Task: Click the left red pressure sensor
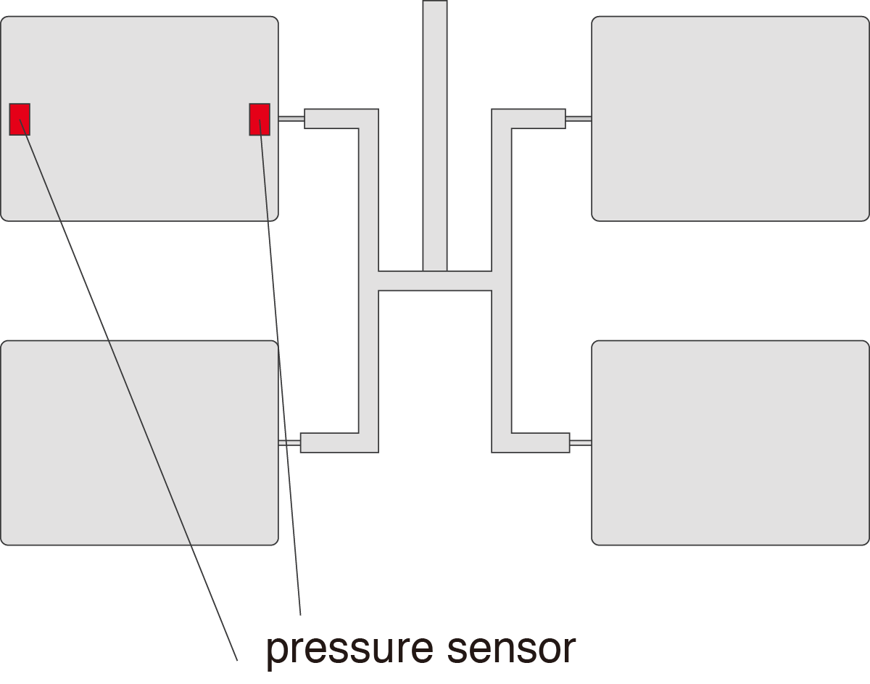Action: (20, 119)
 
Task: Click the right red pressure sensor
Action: (260, 119)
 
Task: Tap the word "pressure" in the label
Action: (349, 648)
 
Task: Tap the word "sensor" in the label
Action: (512, 648)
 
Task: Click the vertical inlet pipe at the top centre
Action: (435, 131)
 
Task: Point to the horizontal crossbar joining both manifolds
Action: (435, 281)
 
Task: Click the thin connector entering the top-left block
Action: (291, 118)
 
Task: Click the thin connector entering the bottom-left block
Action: (289, 442)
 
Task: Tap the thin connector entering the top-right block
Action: (579, 118)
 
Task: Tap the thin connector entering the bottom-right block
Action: (581, 442)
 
